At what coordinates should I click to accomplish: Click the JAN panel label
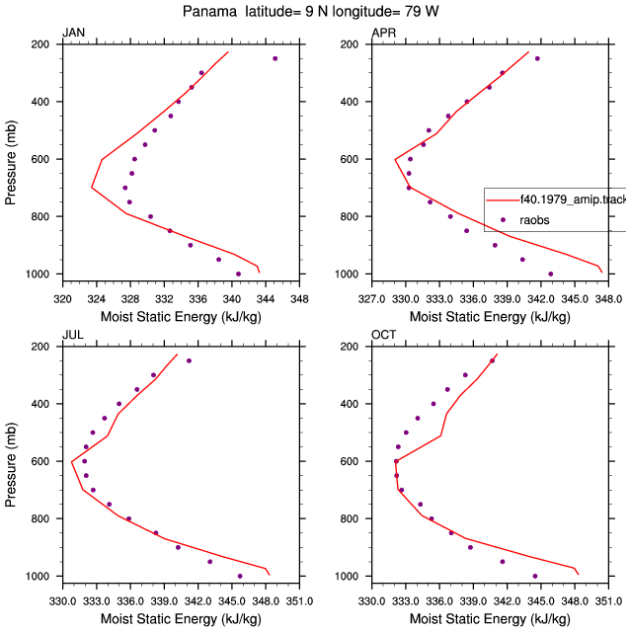tap(74, 33)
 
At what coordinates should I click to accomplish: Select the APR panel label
tap(383, 33)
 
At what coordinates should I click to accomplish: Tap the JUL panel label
tap(73, 335)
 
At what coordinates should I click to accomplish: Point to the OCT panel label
tap(383, 335)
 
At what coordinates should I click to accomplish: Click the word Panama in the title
tap(209, 11)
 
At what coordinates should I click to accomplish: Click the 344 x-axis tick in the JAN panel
tap(266, 299)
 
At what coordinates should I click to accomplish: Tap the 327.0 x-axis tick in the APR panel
tap(371, 299)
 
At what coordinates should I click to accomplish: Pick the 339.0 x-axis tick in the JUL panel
tap(164, 601)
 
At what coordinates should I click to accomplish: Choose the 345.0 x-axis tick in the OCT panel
tap(541, 601)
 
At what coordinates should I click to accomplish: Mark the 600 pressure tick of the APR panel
tap(349, 159)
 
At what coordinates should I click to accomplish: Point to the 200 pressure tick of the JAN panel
tap(39, 44)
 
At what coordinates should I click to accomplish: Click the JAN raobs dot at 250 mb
tap(276, 58)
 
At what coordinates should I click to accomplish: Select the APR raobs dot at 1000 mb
tap(551, 275)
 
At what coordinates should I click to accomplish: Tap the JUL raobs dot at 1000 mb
tap(240, 577)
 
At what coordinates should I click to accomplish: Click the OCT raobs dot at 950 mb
tap(503, 562)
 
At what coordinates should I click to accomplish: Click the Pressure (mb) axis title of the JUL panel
tap(11, 465)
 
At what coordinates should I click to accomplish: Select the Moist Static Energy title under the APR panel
tap(490, 317)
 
